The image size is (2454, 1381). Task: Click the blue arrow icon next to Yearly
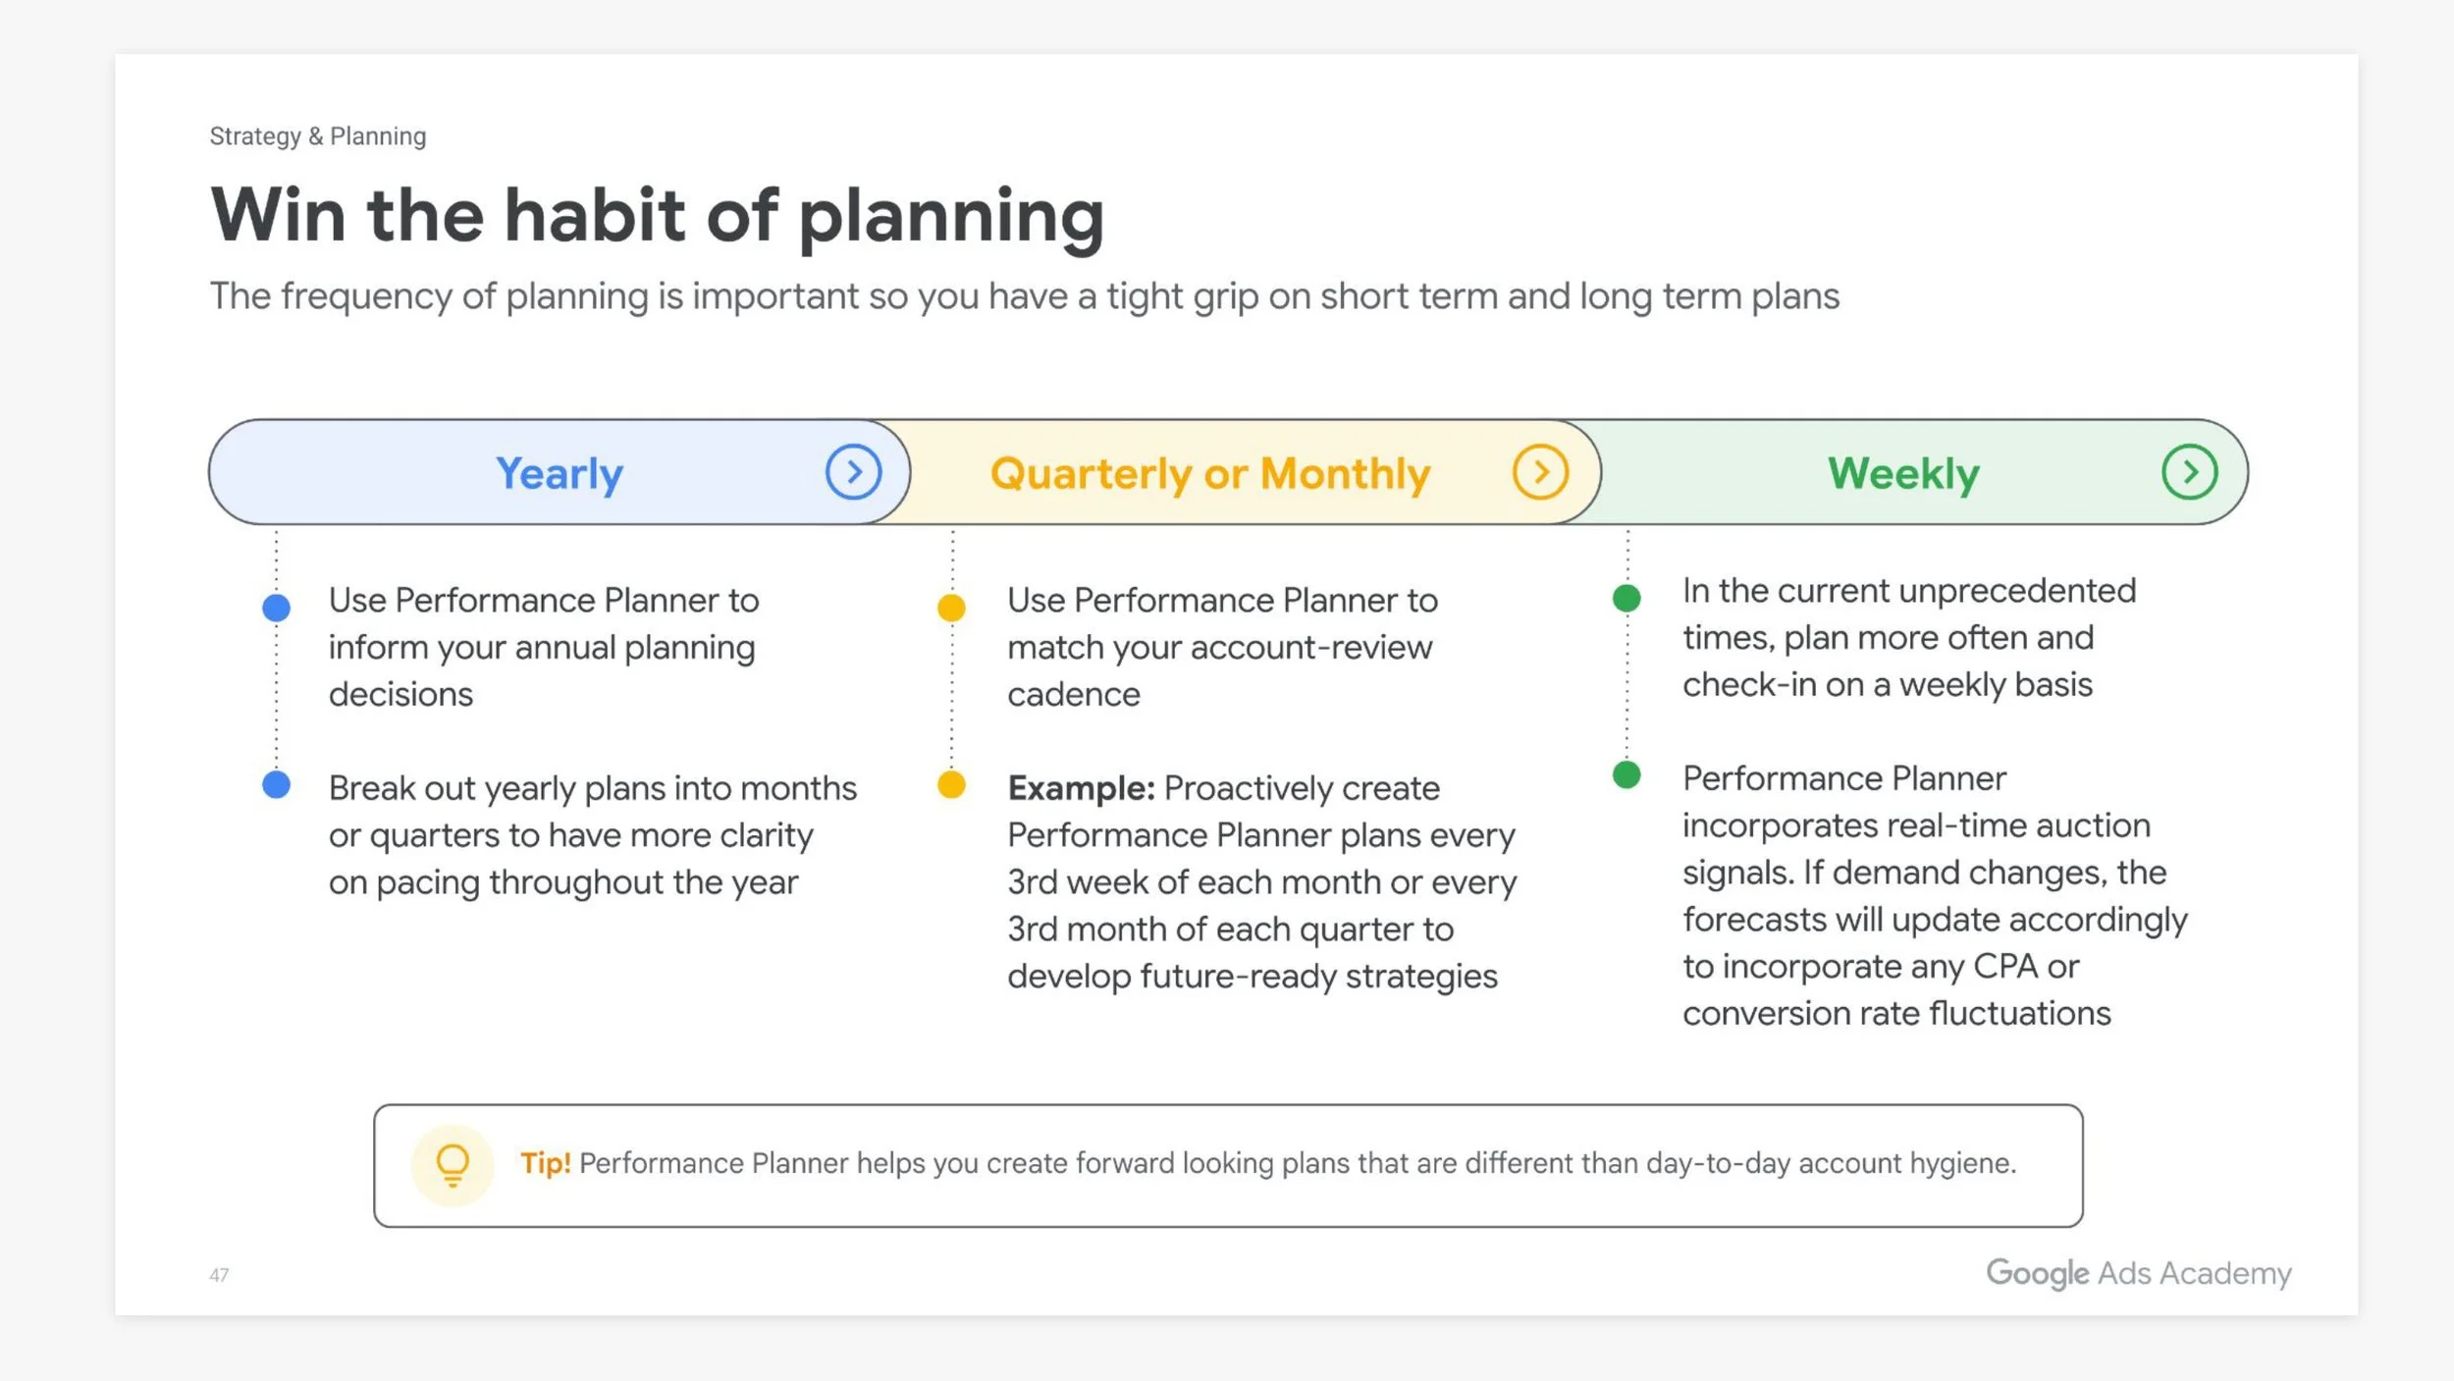(x=853, y=472)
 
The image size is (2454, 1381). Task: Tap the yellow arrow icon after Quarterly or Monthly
(x=1540, y=472)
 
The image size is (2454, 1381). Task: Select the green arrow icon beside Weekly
(x=2189, y=472)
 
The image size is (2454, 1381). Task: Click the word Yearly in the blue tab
(x=560, y=474)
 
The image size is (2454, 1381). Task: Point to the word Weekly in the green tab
(x=1903, y=474)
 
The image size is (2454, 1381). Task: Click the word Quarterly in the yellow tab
(x=1091, y=474)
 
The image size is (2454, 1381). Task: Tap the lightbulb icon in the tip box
(x=453, y=1165)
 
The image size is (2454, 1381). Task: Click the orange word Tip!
(x=545, y=1163)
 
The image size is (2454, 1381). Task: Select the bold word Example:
(x=1081, y=788)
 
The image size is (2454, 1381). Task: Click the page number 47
(x=219, y=1275)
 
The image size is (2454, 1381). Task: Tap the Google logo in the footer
(x=2037, y=1273)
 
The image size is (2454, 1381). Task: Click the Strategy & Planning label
(x=317, y=136)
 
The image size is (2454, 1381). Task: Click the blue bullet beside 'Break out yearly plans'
(x=277, y=784)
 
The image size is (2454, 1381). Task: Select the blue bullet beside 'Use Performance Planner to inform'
(x=277, y=608)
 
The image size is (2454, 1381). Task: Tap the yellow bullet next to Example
(x=951, y=784)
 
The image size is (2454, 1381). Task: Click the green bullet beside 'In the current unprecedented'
(x=1627, y=598)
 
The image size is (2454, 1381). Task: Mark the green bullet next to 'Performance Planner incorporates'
(x=1627, y=775)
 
